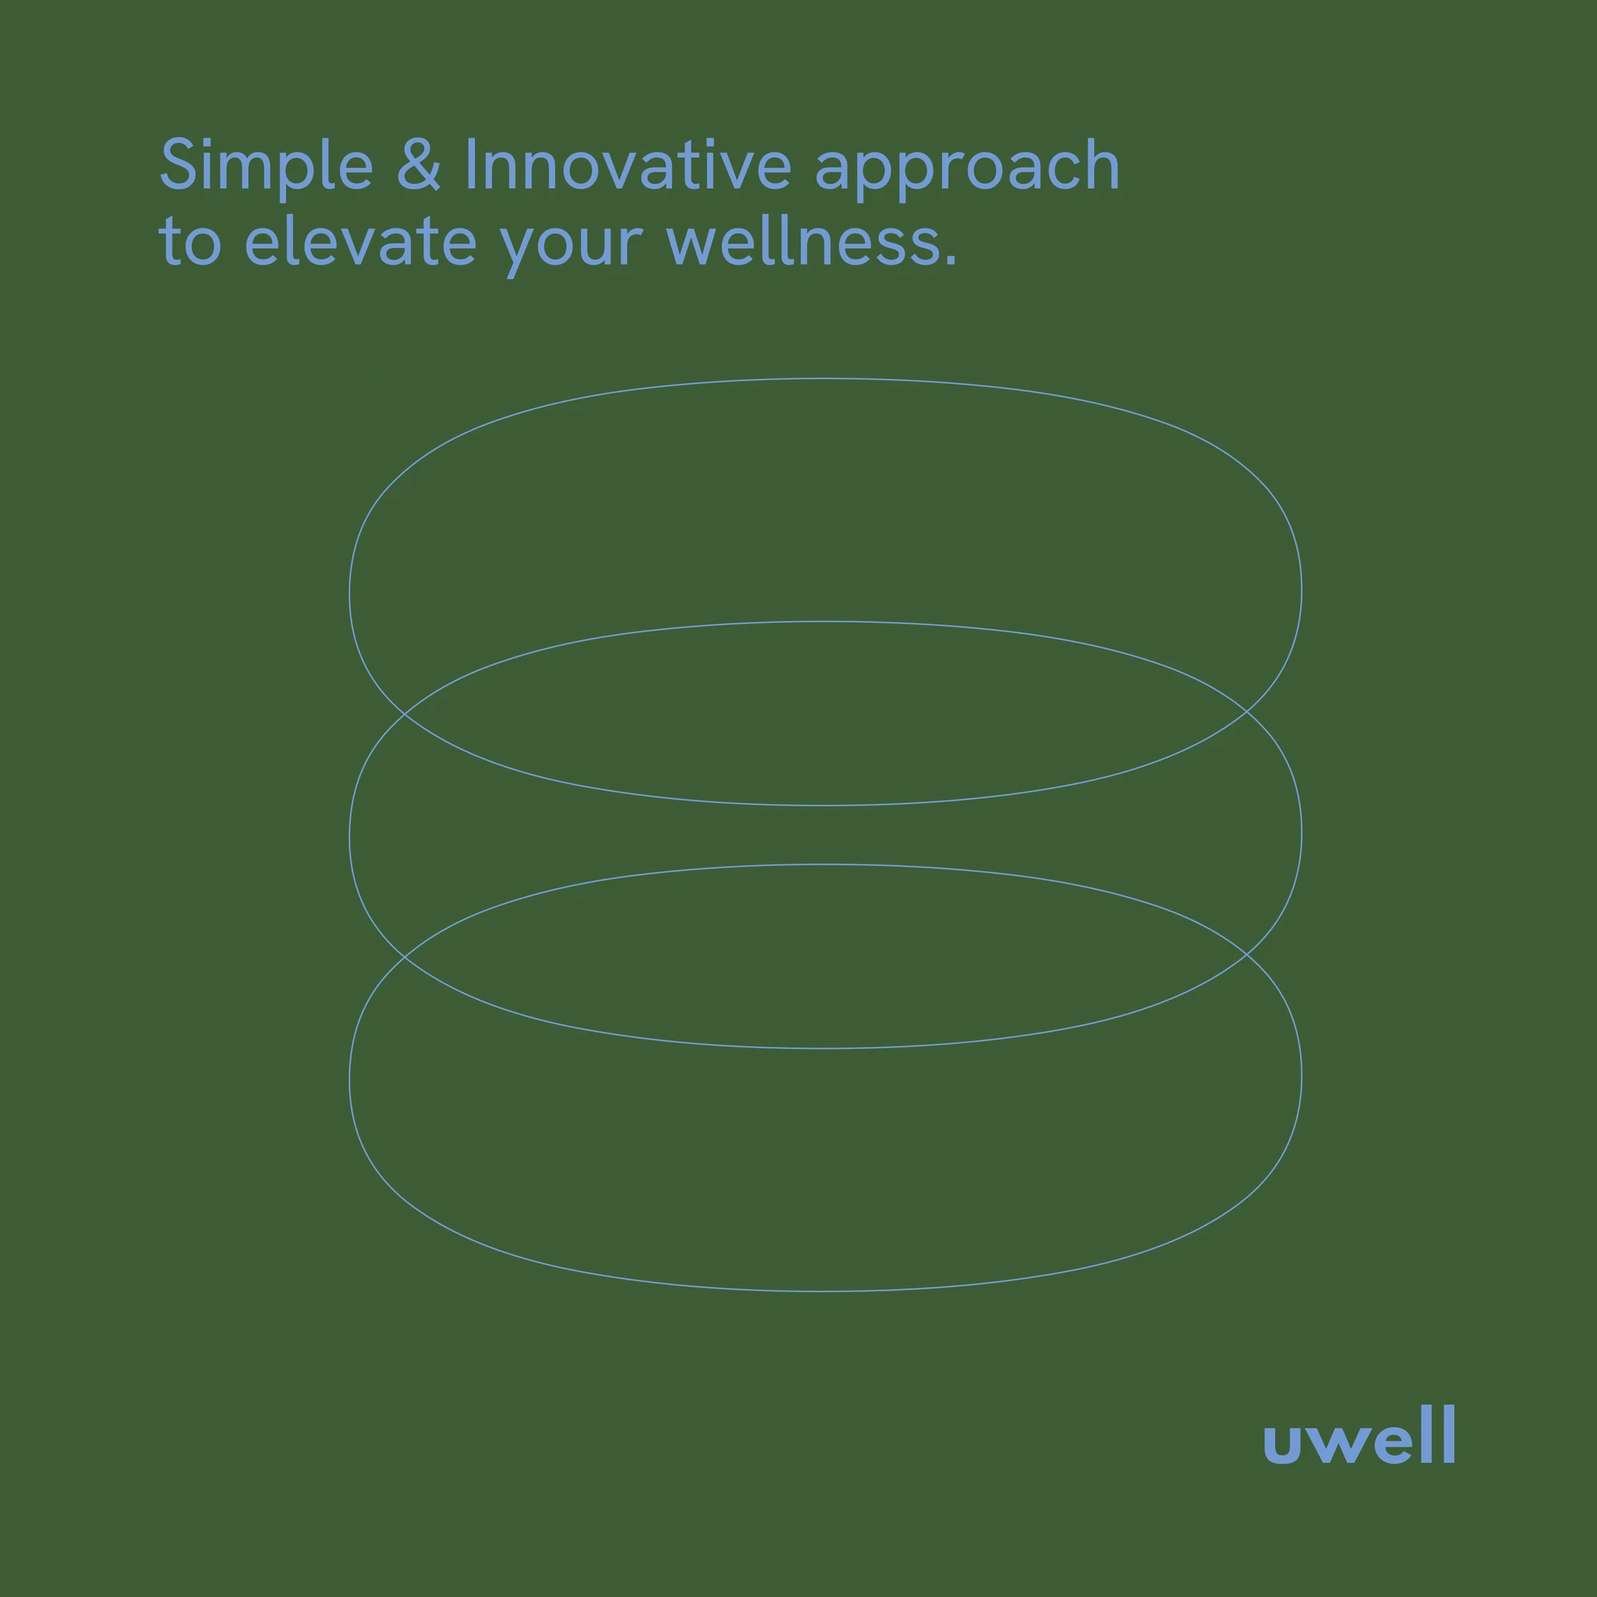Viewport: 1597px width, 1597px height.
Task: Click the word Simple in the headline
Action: click(x=266, y=168)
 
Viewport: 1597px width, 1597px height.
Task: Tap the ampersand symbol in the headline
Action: click(x=418, y=164)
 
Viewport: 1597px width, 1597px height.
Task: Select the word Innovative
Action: click(x=629, y=164)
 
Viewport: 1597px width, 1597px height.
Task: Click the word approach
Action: click(x=967, y=168)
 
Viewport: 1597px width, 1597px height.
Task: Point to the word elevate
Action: click(x=360, y=240)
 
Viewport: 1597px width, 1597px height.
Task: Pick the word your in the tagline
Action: click(x=570, y=246)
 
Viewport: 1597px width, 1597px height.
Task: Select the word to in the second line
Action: click(x=189, y=243)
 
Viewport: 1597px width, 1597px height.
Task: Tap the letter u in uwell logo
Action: click(x=1282, y=1444)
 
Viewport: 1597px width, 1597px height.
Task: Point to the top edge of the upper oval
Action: click(x=825, y=378)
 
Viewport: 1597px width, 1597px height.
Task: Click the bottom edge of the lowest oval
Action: click(x=825, y=1291)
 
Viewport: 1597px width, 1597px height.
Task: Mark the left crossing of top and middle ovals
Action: click(x=404, y=712)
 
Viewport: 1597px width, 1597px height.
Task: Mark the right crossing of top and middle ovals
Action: click(x=1247, y=710)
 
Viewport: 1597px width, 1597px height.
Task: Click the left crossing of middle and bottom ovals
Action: click(x=404, y=955)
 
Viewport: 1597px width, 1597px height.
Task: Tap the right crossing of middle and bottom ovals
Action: click(x=1247, y=954)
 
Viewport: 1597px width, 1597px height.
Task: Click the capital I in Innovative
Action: click(x=470, y=164)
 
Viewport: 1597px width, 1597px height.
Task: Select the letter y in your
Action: click(x=521, y=250)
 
